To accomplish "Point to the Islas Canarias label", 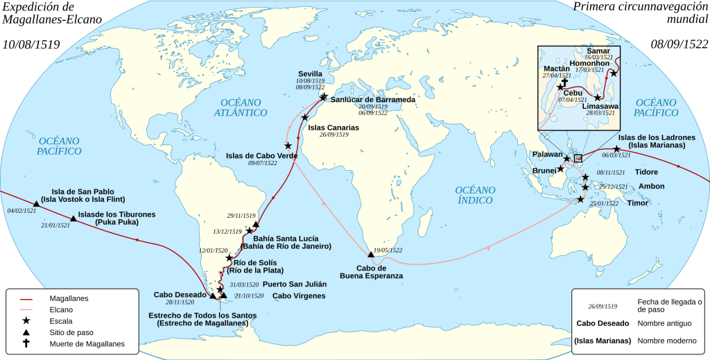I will coord(334,128).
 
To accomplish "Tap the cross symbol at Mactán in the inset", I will coord(565,80).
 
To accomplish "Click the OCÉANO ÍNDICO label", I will coord(475,195).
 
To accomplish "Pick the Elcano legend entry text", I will coord(63,309).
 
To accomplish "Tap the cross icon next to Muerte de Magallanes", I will coord(27,343).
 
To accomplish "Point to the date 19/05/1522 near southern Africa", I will coord(388,250).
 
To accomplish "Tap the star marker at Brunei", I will coord(561,169).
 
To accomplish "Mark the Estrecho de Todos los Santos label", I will coord(202,319).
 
